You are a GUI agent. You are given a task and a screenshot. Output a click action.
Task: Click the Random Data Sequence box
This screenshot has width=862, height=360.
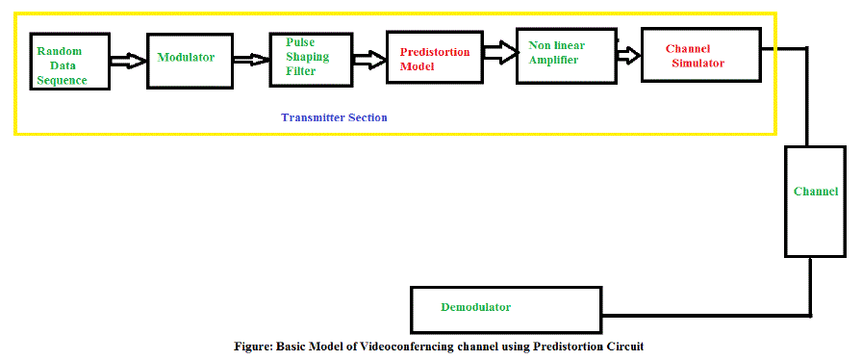click(x=70, y=61)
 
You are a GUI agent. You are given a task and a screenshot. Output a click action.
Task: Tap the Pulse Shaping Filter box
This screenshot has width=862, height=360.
click(x=311, y=60)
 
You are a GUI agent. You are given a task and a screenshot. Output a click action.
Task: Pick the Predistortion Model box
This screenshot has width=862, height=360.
click(x=435, y=57)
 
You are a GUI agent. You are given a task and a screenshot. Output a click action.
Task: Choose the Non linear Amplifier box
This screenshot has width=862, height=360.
click(x=567, y=56)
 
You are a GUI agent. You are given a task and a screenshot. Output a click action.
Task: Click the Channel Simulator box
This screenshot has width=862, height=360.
click(x=701, y=55)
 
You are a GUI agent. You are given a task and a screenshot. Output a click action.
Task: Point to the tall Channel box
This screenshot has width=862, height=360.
click(x=815, y=201)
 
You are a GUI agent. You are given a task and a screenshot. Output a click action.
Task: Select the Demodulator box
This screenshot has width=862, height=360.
click(x=506, y=309)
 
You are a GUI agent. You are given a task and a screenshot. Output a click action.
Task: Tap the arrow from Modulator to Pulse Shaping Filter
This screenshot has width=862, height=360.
click(x=248, y=59)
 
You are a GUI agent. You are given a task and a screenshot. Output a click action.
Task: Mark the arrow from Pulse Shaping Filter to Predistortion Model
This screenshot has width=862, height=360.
click(x=369, y=60)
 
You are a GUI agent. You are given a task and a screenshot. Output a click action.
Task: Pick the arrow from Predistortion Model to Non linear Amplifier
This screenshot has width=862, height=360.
click(x=500, y=53)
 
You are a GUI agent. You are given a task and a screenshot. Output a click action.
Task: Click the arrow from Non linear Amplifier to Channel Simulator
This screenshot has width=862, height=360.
click(x=629, y=55)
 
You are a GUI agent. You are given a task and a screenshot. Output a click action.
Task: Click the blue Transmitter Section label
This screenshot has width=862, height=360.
click(x=334, y=117)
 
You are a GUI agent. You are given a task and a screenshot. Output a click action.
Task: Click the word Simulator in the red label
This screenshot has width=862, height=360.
click(x=698, y=63)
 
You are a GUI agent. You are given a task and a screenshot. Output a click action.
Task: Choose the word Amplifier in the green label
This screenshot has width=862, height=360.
click(x=553, y=60)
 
